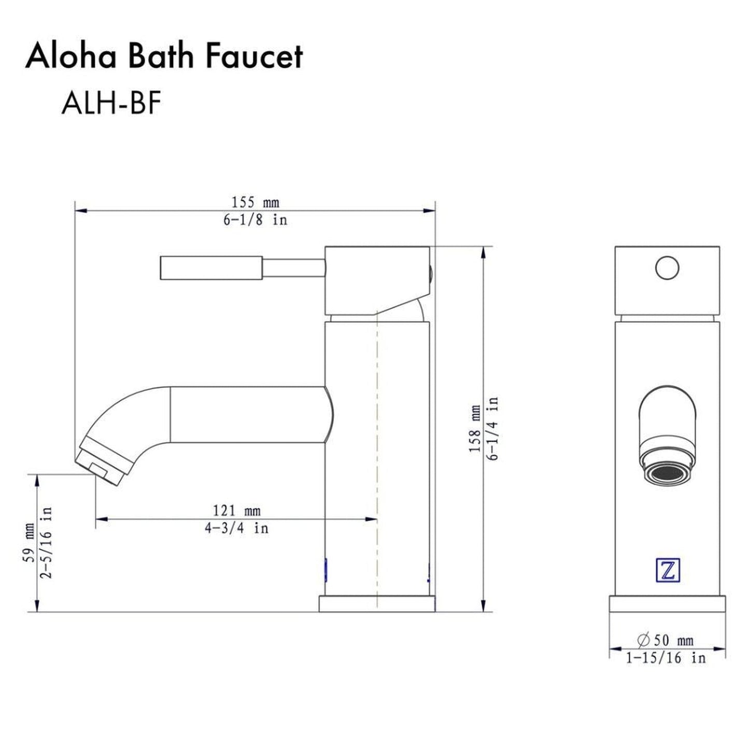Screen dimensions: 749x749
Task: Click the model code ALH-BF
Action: coord(111,103)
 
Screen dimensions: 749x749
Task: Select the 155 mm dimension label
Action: coord(255,202)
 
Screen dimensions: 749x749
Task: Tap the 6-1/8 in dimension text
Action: coord(255,220)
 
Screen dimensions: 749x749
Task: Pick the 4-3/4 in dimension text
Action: coord(237,528)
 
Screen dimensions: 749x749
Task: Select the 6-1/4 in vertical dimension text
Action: coord(493,428)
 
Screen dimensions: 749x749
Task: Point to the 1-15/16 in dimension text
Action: coord(666,658)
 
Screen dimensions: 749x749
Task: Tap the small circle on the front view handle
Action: coord(667,268)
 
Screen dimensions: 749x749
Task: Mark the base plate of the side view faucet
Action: coord(376,604)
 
